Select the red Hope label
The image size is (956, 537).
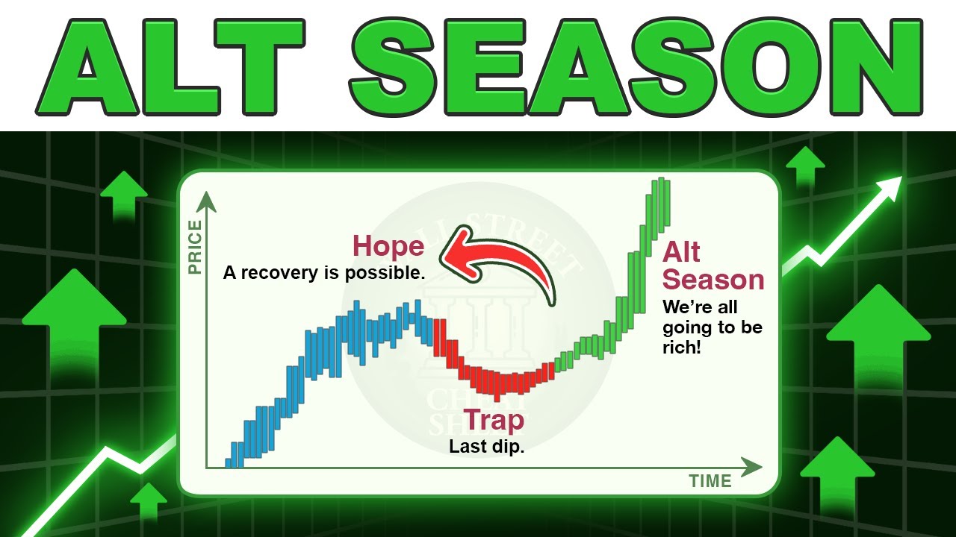388,246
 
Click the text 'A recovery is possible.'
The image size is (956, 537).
323,273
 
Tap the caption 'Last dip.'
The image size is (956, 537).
486,446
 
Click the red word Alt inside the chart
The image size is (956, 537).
681,252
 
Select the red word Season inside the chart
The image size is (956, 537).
713,280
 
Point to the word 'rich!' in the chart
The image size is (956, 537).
682,347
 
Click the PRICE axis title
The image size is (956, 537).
196,247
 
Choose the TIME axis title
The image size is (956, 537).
710,481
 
